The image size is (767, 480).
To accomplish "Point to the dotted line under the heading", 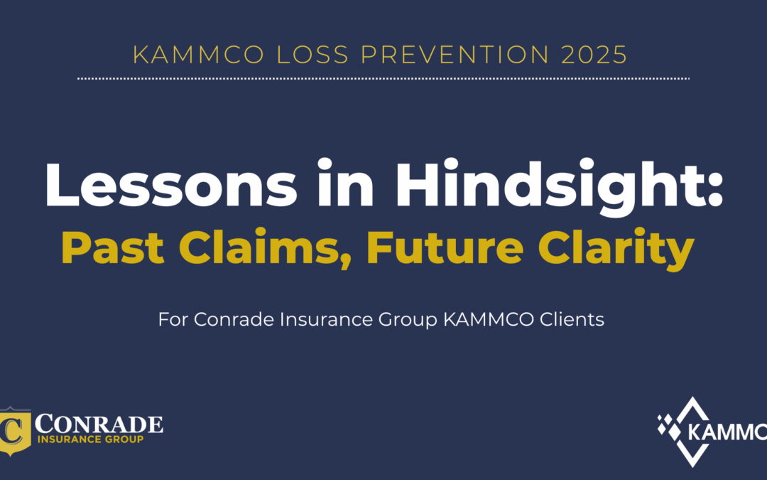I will tap(383, 78).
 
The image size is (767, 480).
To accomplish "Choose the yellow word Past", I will tap(102, 248).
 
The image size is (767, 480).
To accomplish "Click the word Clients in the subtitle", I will tap(569, 320).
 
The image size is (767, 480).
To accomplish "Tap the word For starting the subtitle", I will tap(173, 320).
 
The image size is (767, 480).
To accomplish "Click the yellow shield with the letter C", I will tap(15, 430).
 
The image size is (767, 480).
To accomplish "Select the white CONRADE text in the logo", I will tap(99, 424).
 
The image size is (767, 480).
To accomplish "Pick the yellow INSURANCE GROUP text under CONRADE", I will tap(90, 439).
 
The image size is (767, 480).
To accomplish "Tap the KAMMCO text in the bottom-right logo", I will tap(725, 432).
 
